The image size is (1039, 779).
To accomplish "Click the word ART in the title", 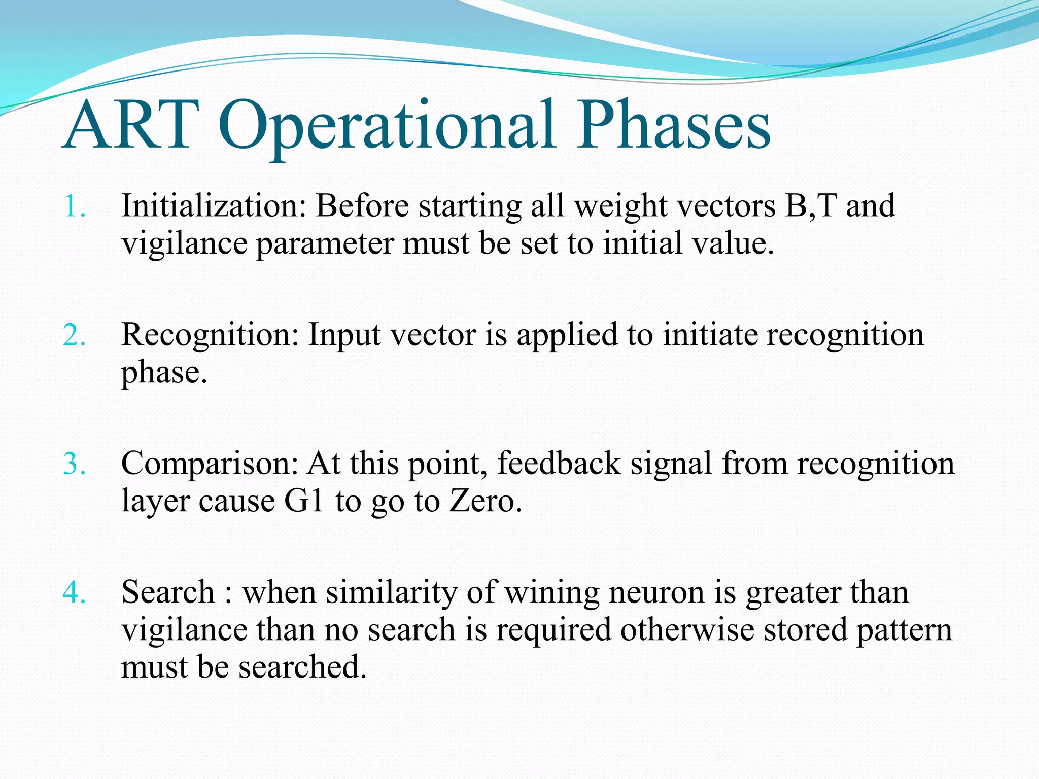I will pyautogui.click(x=131, y=126).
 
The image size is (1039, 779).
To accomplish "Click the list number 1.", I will pyautogui.click(x=74, y=207).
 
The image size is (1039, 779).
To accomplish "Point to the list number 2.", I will pyautogui.click(x=74, y=336).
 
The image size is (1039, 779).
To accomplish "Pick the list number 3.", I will pyautogui.click(x=74, y=464).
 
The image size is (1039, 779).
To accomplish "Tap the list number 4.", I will pyautogui.click(x=74, y=593).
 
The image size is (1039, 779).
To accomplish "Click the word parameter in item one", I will pyautogui.click(x=325, y=244).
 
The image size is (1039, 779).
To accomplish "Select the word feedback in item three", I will pyautogui.click(x=559, y=464).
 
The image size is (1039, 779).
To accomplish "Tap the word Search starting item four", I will pyautogui.click(x=168, y=592).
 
